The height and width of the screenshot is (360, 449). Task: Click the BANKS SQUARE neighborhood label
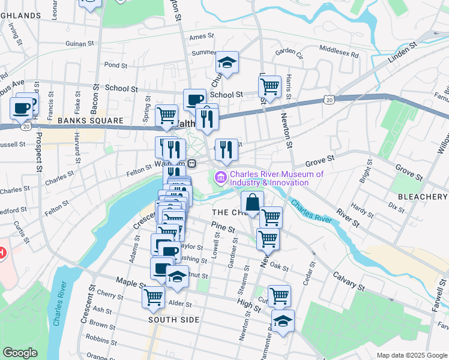click(90, 121)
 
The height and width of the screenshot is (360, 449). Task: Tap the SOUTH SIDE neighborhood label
click(173, 320)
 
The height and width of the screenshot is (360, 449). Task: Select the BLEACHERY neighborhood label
click(423, 197)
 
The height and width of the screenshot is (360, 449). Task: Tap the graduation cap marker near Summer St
click(228, 62)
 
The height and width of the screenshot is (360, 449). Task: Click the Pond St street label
click(115, 65)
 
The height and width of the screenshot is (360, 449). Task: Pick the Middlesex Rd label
click(339, 51)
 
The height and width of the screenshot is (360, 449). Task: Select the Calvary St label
click(346, 286)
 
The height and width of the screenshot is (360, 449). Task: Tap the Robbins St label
click(97, 338)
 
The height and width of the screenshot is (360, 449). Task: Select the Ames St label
click(197, 37)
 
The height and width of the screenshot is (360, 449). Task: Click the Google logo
click(20, 353)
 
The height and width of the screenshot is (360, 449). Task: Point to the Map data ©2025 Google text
click(411, 355)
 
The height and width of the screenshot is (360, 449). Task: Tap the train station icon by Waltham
click(192, 164)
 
